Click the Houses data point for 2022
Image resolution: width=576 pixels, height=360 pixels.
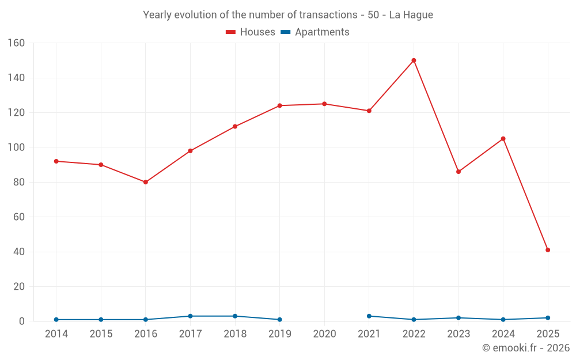(414, 60)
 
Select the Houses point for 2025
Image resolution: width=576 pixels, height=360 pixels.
(548, 250)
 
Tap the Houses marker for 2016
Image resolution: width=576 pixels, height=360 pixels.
(146, 182)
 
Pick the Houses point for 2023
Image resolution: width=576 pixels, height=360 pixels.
(458, 172)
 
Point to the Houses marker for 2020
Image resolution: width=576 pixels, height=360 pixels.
(324, 104)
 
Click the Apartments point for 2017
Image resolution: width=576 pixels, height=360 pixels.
(190, 316)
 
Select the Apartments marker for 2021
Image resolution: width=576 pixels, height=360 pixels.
(369, 316)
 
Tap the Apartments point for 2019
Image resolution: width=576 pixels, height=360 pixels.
(280, 320)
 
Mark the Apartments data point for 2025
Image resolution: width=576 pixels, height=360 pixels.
(548, 318)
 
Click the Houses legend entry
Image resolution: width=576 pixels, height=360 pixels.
(251, 32)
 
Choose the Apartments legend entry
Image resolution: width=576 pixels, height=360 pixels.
(315, 32)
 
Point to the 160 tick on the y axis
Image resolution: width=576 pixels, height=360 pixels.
(16, 43)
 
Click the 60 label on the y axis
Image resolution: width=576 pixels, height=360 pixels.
(19, 217)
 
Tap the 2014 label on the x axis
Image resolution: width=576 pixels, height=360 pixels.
(56, 334)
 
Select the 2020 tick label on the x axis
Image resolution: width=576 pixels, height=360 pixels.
(324, 334)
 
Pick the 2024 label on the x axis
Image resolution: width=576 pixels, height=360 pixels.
(503, 334)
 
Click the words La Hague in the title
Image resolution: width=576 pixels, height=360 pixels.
(411, 15)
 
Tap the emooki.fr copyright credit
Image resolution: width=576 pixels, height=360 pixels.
(526, 348)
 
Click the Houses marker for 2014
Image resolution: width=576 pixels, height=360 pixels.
(56, 161)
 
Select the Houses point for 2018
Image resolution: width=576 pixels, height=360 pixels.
(235, 127)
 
